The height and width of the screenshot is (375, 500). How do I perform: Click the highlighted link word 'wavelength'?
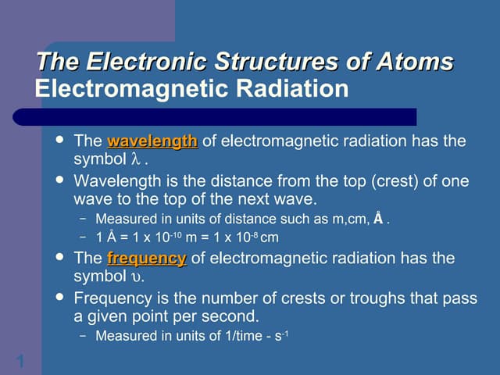[x=152, y=141]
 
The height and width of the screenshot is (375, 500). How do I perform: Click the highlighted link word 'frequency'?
[x=146, y=258]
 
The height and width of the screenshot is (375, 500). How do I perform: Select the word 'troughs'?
[x=341, y=298]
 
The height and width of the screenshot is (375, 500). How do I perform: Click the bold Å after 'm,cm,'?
[x=378, y=219]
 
